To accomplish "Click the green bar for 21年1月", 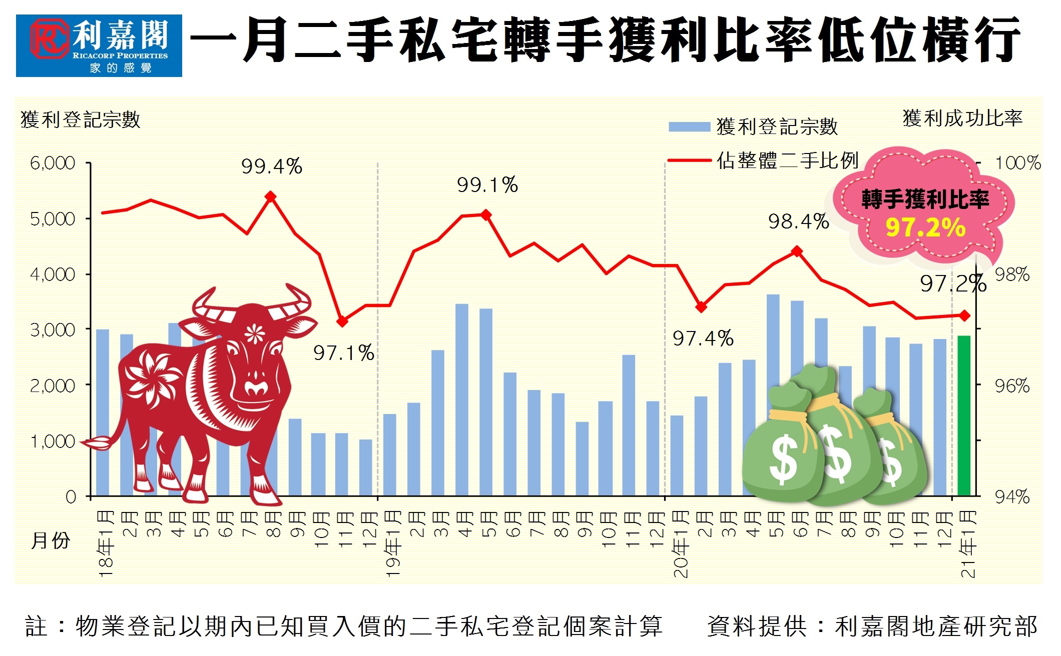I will pyautogui.click(x=964, y=415).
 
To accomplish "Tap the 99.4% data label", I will pyautogui.click(x=272, y=166).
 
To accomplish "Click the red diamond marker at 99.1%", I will pyautogui.click(x=486, y=215).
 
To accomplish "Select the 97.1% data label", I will pyautogui.click(x=344, y=353).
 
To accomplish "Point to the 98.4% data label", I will pyautogui.click(x=799, y=221).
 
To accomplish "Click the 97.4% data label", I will pyautogui.click(x=703, y=338).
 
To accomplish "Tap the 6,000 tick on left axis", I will pyautogui.click(x=53, y=163).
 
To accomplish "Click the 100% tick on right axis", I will pyautogui.click(x=1017, y=163).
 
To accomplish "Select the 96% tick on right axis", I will pyautogui.click(x=1012, y=386).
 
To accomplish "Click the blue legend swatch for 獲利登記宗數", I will pyautogui.click(x=689, y=127).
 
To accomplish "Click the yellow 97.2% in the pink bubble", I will pyautogui.click(x=925, y=227).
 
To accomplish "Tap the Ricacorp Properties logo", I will pyautogui.click(x=99, y=45).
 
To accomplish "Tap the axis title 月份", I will pyautogui.click(x=51, y=540).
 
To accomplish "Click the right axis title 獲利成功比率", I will pyautogui.click(x=962, y=118).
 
